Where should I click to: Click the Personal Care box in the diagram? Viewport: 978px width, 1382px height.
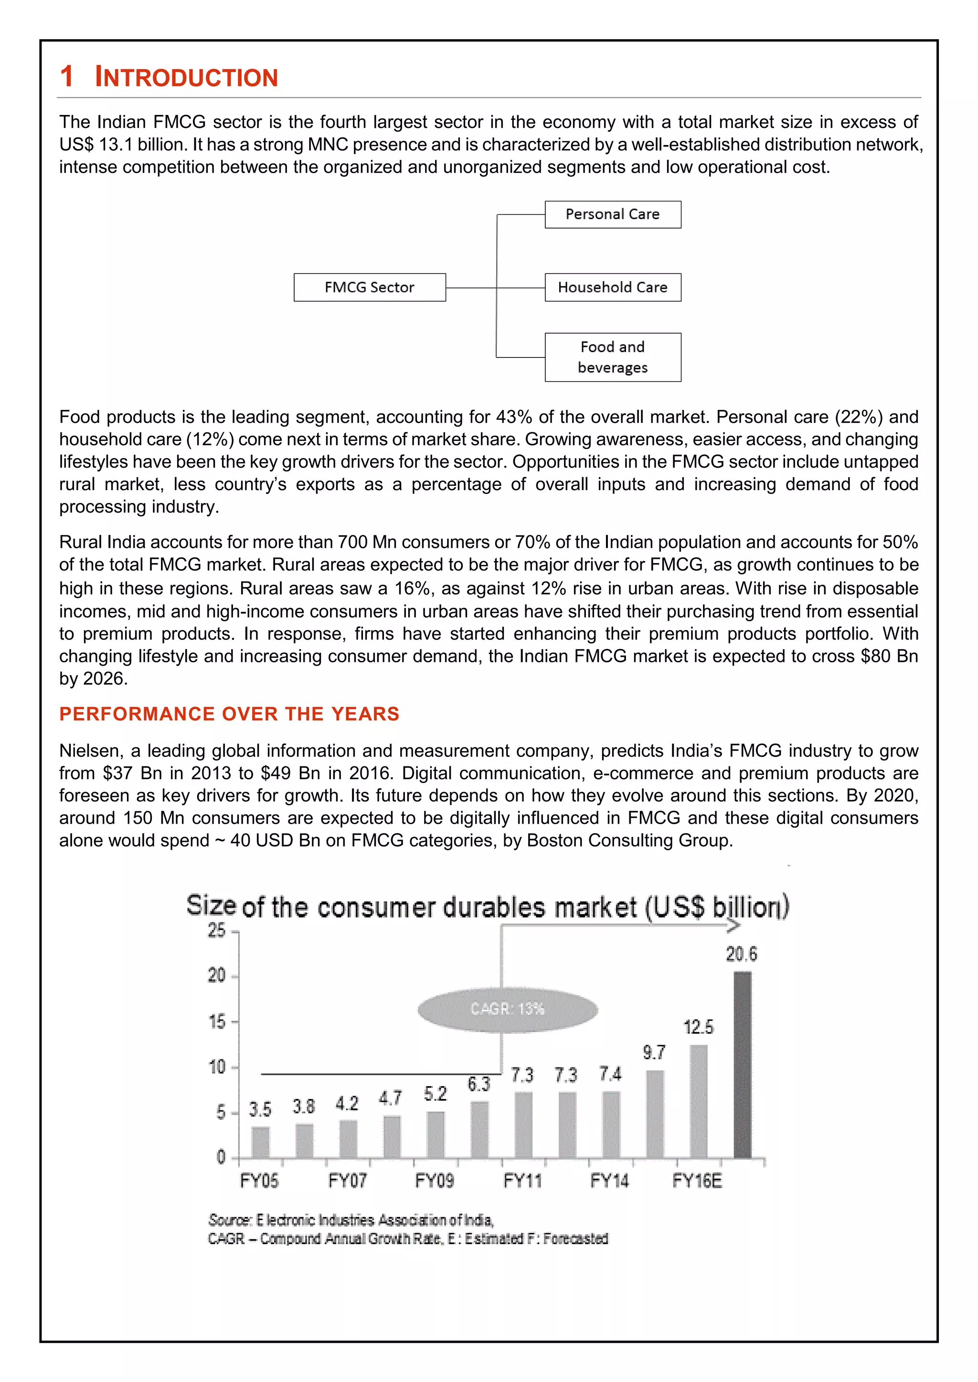613,214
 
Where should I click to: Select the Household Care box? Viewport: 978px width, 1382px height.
613,287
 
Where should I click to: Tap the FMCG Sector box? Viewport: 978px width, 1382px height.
369,287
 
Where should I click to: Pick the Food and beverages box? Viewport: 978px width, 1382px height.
613,357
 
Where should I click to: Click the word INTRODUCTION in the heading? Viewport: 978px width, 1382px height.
186,78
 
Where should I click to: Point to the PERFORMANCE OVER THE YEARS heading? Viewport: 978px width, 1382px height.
229,714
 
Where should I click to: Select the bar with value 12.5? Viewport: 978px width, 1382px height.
698,1101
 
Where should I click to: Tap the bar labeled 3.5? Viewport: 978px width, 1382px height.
260,1142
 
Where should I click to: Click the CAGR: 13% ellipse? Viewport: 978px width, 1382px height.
507,1009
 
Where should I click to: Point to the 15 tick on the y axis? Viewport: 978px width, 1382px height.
217,1021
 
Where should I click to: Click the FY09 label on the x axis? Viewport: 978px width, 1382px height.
434,1180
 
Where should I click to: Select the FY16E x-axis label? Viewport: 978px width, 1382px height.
697,1180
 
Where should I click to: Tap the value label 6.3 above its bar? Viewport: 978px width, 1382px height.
479,1084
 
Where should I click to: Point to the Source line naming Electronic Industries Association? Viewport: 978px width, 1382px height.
351,1220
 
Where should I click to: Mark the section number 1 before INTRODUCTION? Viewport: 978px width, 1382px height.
66,77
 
